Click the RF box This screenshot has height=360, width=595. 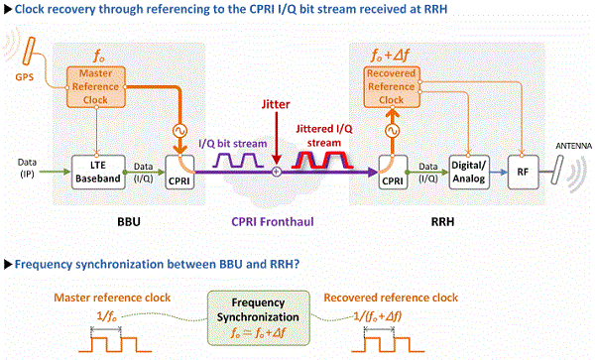522,173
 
